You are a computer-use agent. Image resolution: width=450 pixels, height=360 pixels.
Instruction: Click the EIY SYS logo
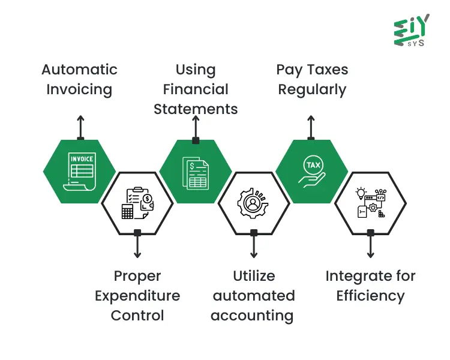[412, 30]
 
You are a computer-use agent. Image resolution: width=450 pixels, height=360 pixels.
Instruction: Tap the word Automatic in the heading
[79, 70]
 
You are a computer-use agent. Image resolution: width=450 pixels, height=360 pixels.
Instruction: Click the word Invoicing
[79, 90]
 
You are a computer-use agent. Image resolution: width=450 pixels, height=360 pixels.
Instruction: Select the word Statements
[196, 109]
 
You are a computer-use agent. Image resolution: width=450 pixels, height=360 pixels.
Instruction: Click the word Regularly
[312, 90]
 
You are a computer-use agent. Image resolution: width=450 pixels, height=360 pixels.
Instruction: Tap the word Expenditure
[137, 296]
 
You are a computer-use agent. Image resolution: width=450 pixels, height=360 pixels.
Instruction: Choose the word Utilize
[254, 276]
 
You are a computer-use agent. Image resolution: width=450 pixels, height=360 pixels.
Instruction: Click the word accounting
[252, 316]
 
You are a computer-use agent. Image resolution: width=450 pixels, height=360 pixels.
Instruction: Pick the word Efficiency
[371, 296]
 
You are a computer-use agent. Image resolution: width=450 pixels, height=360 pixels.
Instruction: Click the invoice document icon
[79, 172]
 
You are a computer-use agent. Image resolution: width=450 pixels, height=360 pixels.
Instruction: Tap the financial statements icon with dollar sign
[196, 173]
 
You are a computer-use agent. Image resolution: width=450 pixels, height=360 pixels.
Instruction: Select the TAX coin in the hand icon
[313, 165]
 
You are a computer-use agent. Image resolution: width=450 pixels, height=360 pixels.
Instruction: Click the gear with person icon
[253, 203]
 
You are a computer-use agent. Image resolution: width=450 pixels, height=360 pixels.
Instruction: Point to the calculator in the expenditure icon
[127, 212]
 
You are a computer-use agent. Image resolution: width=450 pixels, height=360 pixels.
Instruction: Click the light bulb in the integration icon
[361, 193]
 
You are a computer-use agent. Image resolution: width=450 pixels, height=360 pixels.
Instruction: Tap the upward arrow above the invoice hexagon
[80, 127]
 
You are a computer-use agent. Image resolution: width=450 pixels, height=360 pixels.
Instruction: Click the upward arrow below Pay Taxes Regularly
[311, 127]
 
